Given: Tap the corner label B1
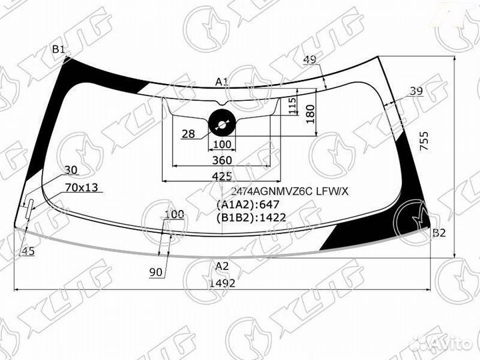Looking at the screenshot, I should [59, 50].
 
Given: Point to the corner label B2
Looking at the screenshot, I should [438, 233].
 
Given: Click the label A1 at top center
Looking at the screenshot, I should [222, 82].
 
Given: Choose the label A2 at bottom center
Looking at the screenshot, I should [222, 266].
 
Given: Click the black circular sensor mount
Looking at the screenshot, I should [221, 121].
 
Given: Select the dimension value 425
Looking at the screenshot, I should [222, 176].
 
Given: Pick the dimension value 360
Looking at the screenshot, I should [222, 160].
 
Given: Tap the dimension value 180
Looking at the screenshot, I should [309, 115].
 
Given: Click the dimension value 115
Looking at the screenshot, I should [292, 105].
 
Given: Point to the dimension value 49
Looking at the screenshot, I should [309, 60].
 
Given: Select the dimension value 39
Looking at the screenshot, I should [416, 91].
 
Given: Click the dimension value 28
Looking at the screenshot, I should [188, 134].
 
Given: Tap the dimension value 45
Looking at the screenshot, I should [28, 251].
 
